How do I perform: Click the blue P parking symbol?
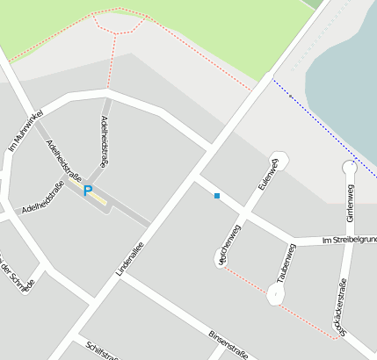click(87, 190)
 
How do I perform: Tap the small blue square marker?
click(217, 196)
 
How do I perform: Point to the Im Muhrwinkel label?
click(25, 133)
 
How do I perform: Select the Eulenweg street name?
click(267, 175)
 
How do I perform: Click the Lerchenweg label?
click(228, 245)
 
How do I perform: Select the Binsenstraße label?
click(228, 344)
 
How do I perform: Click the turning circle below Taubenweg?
click(276, 295)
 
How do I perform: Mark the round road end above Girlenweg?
click(349, 167)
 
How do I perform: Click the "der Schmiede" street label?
click(18, 277)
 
